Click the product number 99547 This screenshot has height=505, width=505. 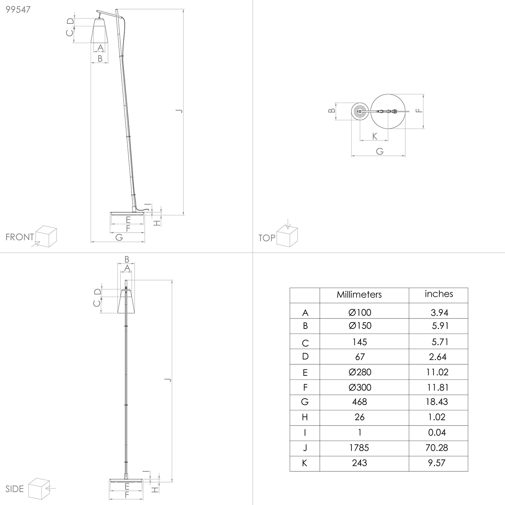pos(18,9)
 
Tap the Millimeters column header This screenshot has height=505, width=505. pos(359,295)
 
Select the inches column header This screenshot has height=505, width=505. pos(439,294)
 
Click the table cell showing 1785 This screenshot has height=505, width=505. pos(360,448)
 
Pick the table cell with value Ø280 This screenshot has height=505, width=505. pos(360,372)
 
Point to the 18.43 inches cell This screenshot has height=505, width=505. pos(438,402)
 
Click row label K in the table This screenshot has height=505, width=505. pos(305,463)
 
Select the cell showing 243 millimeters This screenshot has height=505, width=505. pos(360,463)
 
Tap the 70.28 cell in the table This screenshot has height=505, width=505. pos(437,448)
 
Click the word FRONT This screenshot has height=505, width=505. pos(20,237)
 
